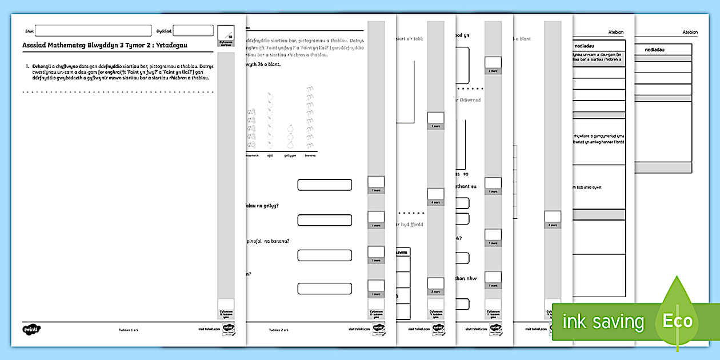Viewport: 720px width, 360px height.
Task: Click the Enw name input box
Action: (93, 31)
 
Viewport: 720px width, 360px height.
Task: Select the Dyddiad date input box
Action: (193, 31)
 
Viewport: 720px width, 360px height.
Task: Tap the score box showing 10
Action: (226, 32)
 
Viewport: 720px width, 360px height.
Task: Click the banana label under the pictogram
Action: (309, 155)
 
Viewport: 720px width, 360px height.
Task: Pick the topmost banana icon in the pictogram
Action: (309, 89)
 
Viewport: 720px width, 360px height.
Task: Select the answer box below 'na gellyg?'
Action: (324, 220)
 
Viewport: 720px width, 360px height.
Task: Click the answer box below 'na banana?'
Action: (324, 255)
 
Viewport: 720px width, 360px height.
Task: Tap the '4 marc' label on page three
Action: (435, 202)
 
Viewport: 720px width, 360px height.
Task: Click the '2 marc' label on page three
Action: (435, 292)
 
